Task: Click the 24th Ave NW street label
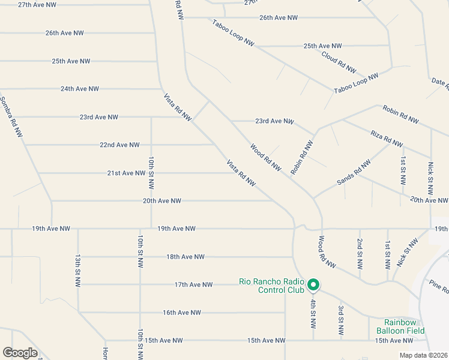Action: (79, 89)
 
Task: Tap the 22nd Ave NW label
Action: (119, 145)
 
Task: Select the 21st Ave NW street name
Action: (126, 173)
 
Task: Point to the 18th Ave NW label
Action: (185, 257)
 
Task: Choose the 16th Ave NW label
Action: (181, 313)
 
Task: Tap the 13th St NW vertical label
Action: (78, 270)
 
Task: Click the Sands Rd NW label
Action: (350, 171)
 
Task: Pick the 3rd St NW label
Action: (340, 320)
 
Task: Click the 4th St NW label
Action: (313, 313)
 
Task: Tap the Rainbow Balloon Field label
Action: (400, 326)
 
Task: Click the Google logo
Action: (20, 353)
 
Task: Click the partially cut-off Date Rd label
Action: (440, 85)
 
